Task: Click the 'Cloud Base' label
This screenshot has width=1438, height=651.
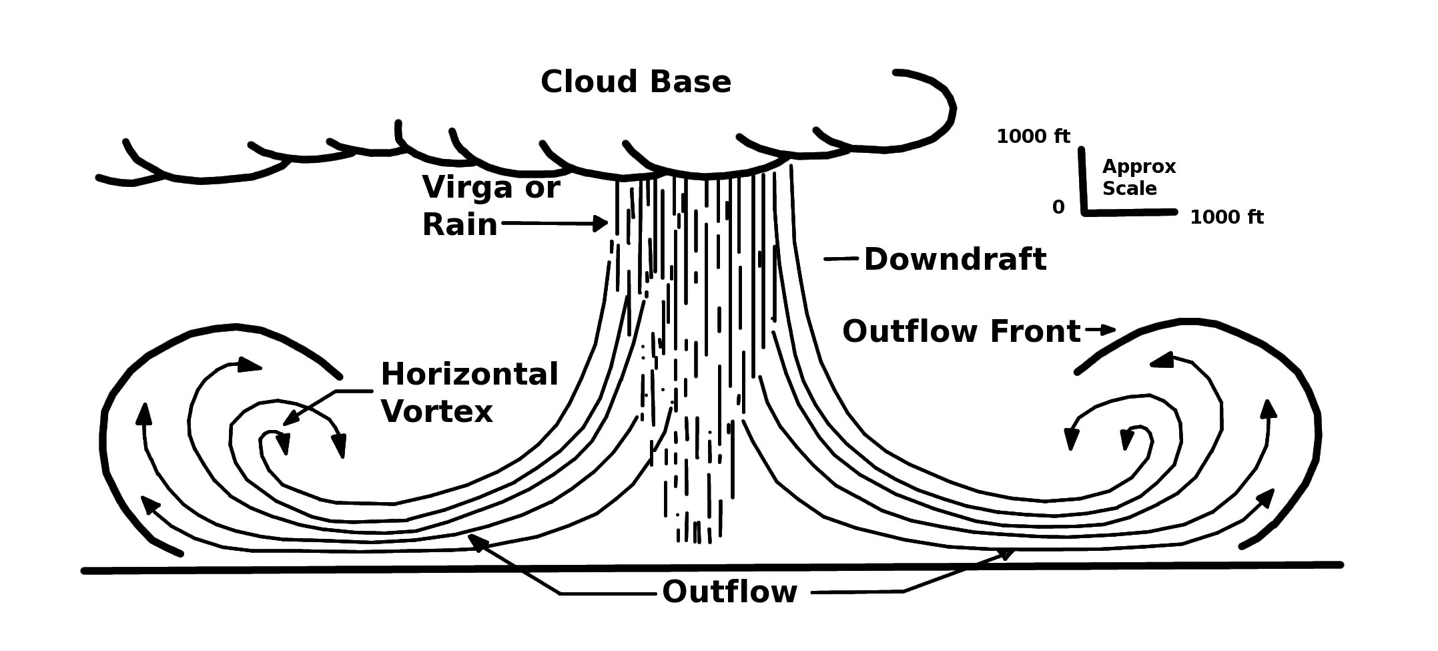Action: pos(635,82)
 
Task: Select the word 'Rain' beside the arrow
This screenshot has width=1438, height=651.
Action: pos(460,224)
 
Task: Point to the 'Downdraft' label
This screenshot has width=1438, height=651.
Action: pos(954,259)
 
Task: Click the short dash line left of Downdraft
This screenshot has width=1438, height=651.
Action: pos(840,258)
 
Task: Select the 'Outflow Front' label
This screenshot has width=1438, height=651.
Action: pos(961,331)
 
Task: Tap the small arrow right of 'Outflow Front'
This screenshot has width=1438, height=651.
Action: pos(1102,329)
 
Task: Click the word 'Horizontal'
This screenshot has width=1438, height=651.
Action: pos(469,375)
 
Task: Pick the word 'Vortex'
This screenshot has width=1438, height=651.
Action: pos(436,411)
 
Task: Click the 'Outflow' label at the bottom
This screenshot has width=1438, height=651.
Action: pos(729,592)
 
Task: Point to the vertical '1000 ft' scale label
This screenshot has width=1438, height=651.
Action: pos(1033,137)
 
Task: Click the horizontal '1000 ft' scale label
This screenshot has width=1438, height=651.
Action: pos(1226,218)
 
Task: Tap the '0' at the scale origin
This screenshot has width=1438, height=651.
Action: pos(1058,208)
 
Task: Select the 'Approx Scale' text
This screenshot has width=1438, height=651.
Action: pos(1138,178)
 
